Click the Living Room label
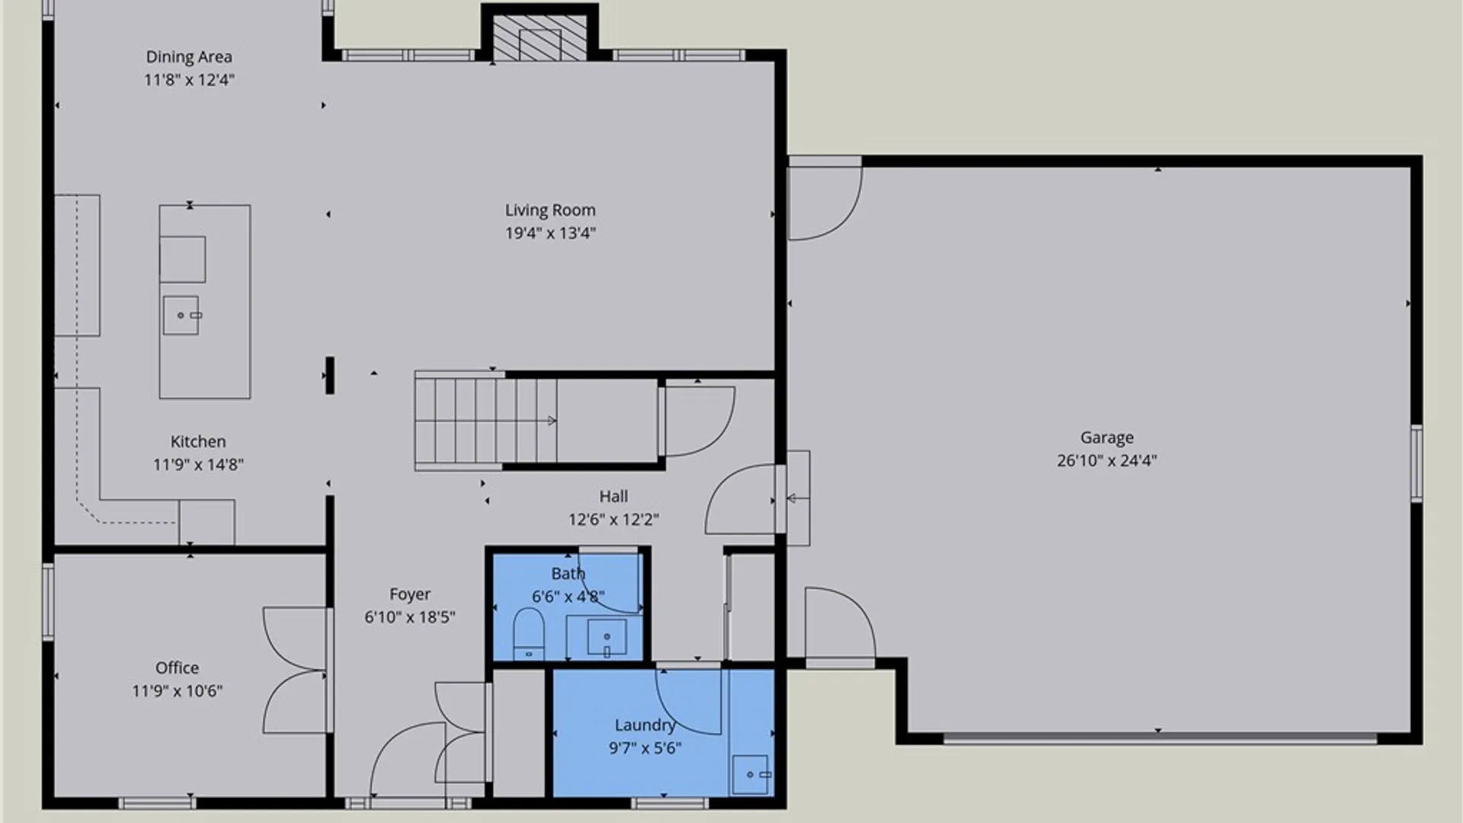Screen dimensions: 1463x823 click(550, 210)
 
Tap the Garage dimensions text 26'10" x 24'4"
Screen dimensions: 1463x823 click(1106, 460)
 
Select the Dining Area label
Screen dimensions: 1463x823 click(189, 57)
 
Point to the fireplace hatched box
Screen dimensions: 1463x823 click(539, 37)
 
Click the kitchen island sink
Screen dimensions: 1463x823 click(181, 315)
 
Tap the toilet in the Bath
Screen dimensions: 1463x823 click(528, 633)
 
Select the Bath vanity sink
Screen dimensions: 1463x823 click(607, 637)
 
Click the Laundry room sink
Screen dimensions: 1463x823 click(751, 774)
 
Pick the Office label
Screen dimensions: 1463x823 click(177, 668)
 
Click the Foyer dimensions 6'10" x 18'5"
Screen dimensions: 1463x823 click(410, 617)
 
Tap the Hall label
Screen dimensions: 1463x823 click(613, 497)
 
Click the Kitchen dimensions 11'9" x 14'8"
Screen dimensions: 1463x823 click(198, 465)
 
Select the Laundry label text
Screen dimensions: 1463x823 click(645, 725)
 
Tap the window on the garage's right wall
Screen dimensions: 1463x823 click(1416, 463)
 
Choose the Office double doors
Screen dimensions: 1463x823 click(296, 671)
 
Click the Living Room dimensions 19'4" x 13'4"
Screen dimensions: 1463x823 click(550, 233)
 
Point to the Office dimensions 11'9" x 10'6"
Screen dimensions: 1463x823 click(177, 691)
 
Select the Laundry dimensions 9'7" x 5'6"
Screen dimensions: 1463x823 click(645, 748)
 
